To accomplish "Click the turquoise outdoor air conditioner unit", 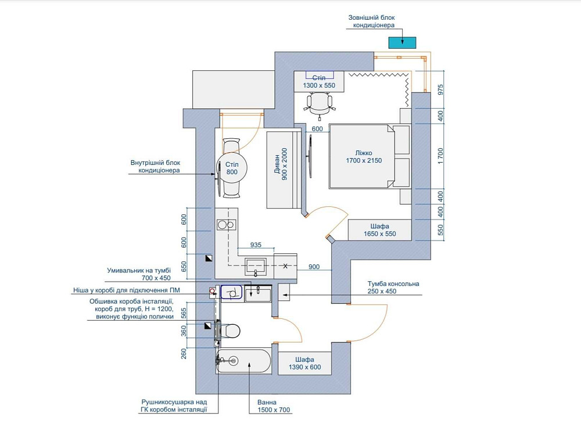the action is (x=402, y=42).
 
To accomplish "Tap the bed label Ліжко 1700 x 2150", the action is (x=364, y=157).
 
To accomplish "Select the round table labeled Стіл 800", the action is (x=232, y=168).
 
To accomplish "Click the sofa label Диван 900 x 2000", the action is (x=285, y=164).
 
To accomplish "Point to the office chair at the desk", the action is (x=320, y=105).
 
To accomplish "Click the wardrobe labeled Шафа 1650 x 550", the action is (x=380, y=230).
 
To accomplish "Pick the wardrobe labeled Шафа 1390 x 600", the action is (x=304, y=363).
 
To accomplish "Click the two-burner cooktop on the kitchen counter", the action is (x=227, y=224).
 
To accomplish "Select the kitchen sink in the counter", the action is (x=255, y=267).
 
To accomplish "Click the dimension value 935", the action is (x=256, y=245).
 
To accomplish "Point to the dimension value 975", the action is (x=440, y=89).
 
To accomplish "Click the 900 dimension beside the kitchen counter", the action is (x=314, y=267).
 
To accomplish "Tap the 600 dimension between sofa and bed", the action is (x=317, y=128).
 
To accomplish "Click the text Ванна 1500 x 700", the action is (x=274, y=406).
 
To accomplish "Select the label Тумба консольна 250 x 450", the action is (x=393, y=287).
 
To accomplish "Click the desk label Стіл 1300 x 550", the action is (x=319, y=81).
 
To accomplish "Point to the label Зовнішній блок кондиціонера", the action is (x=372, y=21).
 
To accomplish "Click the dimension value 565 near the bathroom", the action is (x=184, y=314).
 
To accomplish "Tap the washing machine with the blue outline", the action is (x=231, y=292).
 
